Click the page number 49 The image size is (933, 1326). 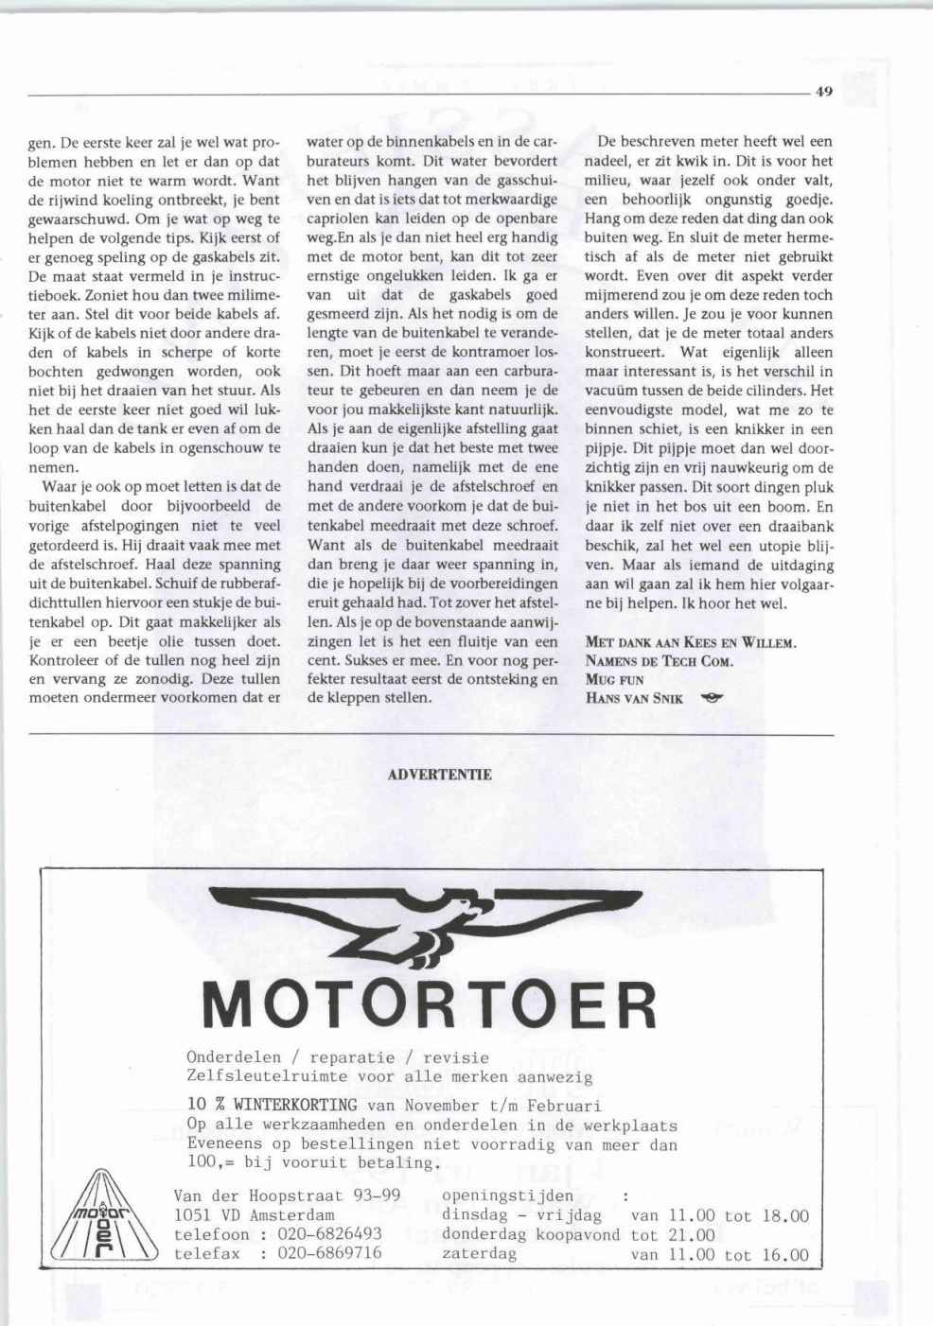click(822, 93)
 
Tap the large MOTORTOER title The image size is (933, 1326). click(431, 1005)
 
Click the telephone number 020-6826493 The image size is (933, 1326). click(329, 1234)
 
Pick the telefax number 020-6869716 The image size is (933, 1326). click(329, 1253)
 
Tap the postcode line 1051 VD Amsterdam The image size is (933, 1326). click(255, 1215)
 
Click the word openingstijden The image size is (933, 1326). click(507, 1195)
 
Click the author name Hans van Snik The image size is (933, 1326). click(634, 699)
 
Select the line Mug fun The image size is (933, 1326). click(614, 680)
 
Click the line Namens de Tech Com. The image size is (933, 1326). click(660, 661)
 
